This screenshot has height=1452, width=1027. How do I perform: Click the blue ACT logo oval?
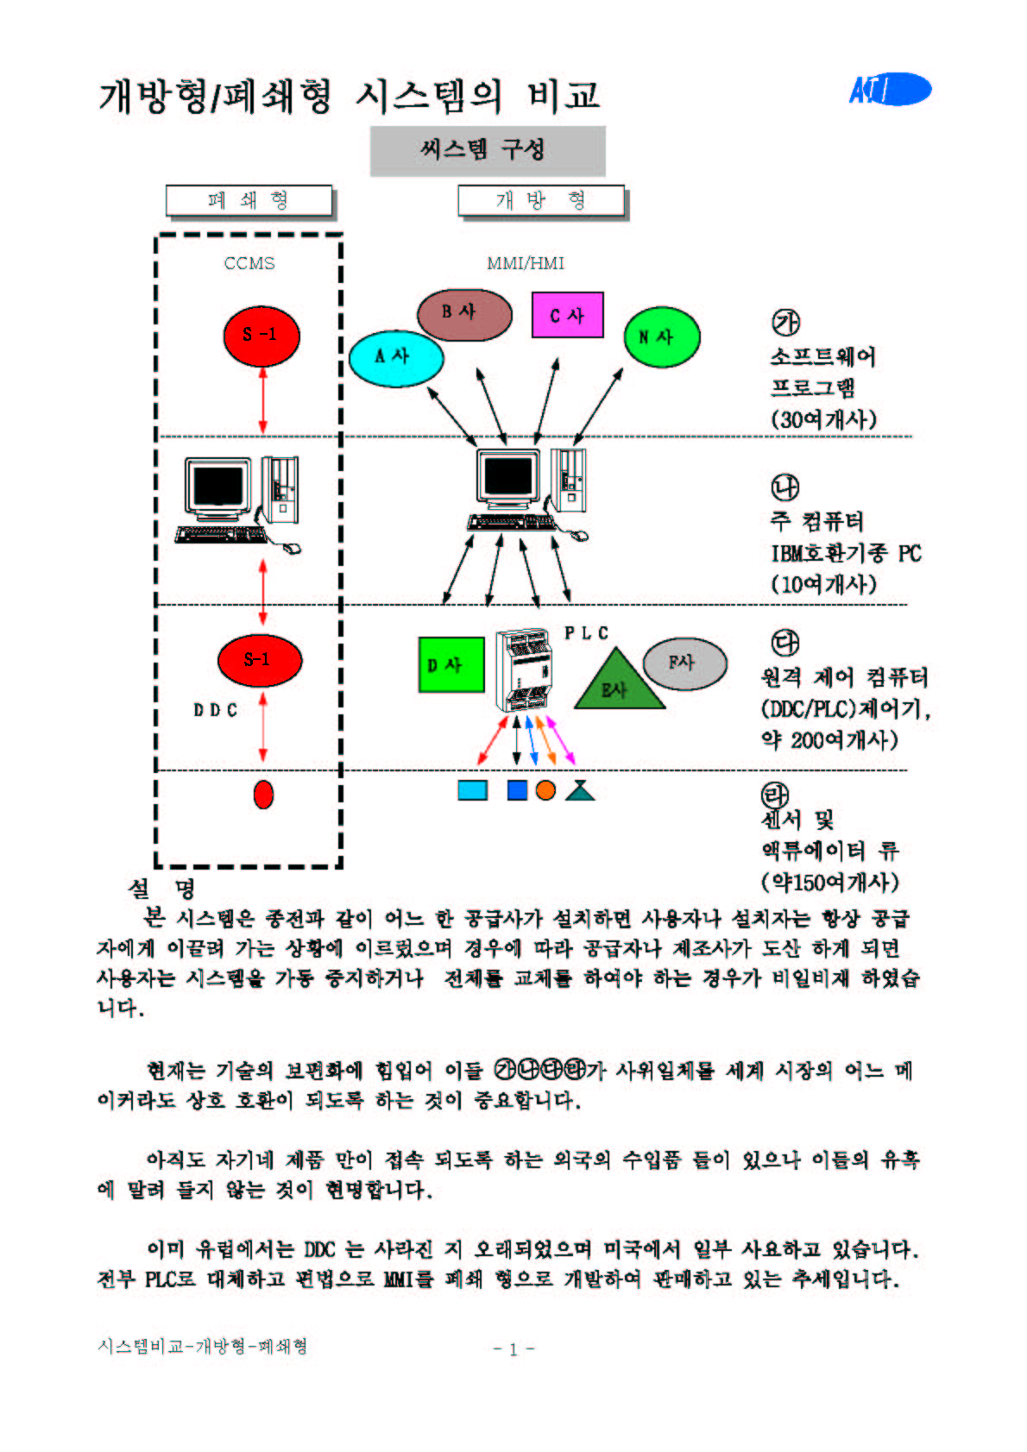[x=890, y=89]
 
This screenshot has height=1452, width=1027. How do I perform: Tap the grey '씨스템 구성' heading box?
[x=487, y=150]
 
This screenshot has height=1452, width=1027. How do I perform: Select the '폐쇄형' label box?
[x=249, y=200]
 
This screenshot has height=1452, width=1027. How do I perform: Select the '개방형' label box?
[x=540, y=200]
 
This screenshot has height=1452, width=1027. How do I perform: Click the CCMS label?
[x=249, y=263]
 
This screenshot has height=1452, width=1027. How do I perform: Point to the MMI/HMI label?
[x=525, y=263]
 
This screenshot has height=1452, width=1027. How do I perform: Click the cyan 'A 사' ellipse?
[x=396, y=356]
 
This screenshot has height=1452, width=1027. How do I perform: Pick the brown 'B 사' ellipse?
[x=464, y=314]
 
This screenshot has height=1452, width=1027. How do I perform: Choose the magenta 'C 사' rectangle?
[x=567, y=315]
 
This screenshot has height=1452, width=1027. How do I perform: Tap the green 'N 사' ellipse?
[x=661, y=336]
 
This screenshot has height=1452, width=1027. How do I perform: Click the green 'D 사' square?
[x=450, y=664]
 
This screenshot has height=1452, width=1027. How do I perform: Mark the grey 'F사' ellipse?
[x=684, y=663]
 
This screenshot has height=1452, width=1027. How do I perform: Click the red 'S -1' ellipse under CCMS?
[x=261, y=335]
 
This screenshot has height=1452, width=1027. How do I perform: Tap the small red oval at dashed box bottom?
[x=263, y=794]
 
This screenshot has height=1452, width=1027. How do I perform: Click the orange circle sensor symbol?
[x=545, y=789]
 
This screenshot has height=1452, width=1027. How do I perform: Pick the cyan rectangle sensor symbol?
[x=472, y=789]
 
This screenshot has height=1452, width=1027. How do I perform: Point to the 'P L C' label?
[x=586, y=633]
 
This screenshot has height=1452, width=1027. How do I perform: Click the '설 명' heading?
[x=161, y=888]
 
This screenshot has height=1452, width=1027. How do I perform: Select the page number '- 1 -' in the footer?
[x=513, y=1348]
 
